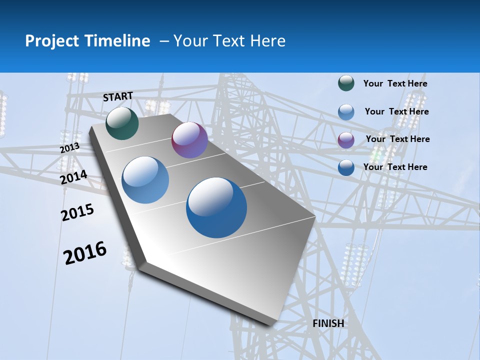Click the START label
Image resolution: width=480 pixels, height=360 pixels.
coord(118,96)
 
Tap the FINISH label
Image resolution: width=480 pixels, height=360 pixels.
coord(328,323)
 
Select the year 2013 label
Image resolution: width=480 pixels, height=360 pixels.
coord(69,147)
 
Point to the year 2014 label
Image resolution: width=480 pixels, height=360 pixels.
coord(74,177)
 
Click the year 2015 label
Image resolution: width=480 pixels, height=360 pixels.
coord(77,212)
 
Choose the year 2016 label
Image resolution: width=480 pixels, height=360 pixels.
coord(85,253)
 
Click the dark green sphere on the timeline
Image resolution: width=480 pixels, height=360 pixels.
coord(122,123)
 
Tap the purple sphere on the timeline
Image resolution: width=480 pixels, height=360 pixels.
coord(189,140)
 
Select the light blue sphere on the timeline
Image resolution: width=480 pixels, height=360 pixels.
coord(145,180)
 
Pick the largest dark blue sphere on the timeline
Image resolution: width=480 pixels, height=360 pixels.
coord(216,207)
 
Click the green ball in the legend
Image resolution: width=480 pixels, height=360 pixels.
coord(346,83)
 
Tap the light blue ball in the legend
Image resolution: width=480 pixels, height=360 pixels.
coord(346,111)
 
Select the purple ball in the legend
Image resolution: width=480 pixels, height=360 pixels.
coord(346,139)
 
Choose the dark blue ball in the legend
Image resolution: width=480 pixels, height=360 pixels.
coord(346,167)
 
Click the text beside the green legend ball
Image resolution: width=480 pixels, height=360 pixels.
coord(395,83)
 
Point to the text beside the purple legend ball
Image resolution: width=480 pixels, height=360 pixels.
coord(397,139)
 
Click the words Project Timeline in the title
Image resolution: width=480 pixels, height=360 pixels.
coord(87,41)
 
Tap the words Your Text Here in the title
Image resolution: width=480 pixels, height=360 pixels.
coord(229,41)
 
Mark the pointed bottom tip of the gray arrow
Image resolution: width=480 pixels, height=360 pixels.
coord(270,325)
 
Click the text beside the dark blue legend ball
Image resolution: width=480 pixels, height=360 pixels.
coord(395,167)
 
